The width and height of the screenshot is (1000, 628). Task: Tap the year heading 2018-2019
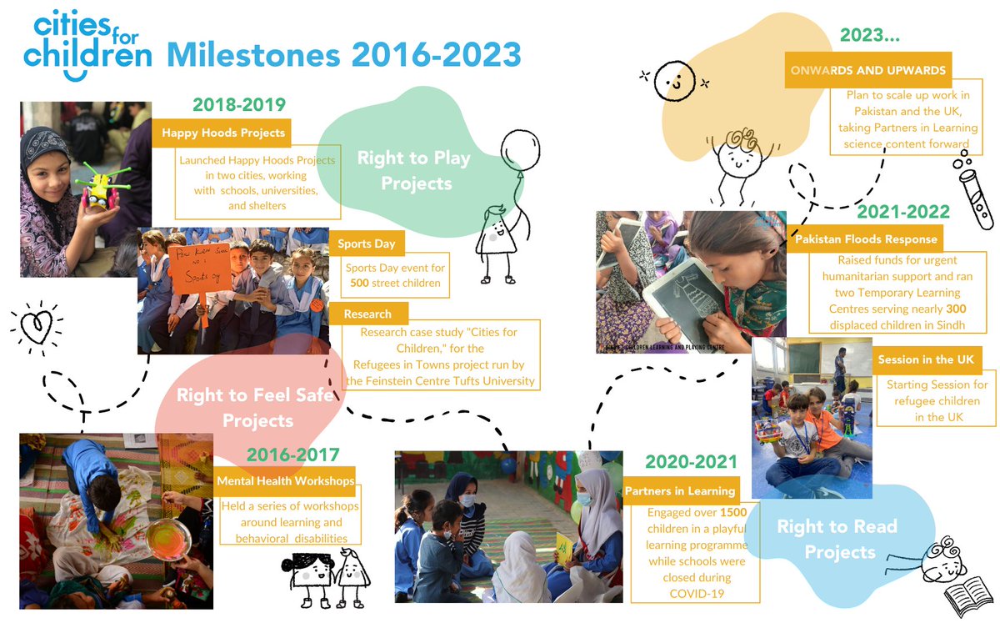tap(239, 105)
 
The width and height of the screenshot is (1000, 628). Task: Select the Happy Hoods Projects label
tap(223, 133)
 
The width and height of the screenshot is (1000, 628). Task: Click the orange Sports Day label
tap(367, 244)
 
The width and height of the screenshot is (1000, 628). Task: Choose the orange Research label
tap(367, 314)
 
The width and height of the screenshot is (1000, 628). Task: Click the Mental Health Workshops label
tap(285, 481)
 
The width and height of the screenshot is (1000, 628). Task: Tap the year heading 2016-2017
tap(292, 455)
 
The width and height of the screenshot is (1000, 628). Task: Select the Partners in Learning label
tap(680, 491)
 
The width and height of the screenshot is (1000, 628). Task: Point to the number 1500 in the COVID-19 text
tap(732, 512)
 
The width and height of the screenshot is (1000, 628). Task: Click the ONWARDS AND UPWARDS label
tap(868, 70)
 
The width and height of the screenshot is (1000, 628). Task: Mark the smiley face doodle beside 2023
tap(674, 80)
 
